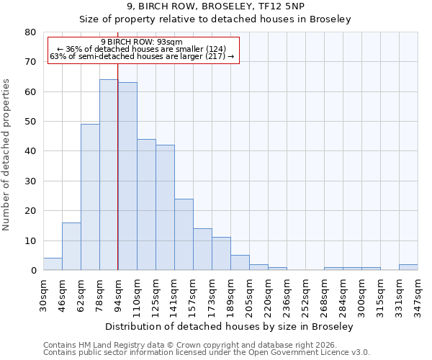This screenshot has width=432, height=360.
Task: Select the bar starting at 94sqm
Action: click(x=127, y=176)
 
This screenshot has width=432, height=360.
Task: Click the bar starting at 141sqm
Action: click(x=184, y=234)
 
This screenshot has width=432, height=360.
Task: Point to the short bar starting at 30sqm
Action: click(x=53, y=264)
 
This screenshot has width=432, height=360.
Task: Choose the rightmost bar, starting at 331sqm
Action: click(x=408, y=267)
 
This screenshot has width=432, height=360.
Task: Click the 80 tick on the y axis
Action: click(x=30, y=32)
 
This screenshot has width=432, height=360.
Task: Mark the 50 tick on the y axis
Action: click(x=30, y=122)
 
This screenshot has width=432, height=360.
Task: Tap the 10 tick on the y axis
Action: click(x=30, y=240)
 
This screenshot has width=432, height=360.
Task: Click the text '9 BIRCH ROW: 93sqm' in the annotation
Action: click(x=142, y=42)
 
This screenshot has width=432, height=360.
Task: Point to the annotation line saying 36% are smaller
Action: click(x=142, y=49)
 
